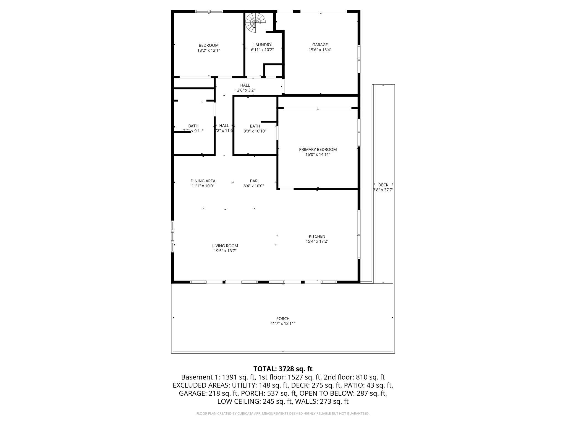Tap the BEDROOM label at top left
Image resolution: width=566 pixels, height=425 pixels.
[x=208, y=45]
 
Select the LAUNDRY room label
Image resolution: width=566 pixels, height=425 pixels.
[x=262, y=45]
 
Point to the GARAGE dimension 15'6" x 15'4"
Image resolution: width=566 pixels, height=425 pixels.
[x=320, y=50]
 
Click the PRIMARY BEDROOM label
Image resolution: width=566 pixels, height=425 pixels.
[x=318, y=149]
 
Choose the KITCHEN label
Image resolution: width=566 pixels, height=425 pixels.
[x=317, y=236]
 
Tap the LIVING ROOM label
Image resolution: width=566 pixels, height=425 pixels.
[x=225, y=246]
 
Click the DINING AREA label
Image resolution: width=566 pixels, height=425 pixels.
[x=203, y=181]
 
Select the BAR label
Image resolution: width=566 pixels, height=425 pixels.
[x=253, y=181]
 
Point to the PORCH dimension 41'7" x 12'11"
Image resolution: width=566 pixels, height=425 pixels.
[x=283, y=323]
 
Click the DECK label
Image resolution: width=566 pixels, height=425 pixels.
[x=383, y=185]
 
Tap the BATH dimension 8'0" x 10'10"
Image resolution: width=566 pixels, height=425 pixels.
[x=255, y=131]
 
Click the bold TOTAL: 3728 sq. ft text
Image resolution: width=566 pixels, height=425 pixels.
[x=283, y=369]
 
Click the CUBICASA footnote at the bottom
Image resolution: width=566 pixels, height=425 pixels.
[x=283, y=413]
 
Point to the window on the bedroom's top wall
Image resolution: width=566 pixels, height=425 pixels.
[x=209, y=11]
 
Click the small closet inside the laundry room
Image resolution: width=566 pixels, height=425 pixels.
[x=273, y=71]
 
